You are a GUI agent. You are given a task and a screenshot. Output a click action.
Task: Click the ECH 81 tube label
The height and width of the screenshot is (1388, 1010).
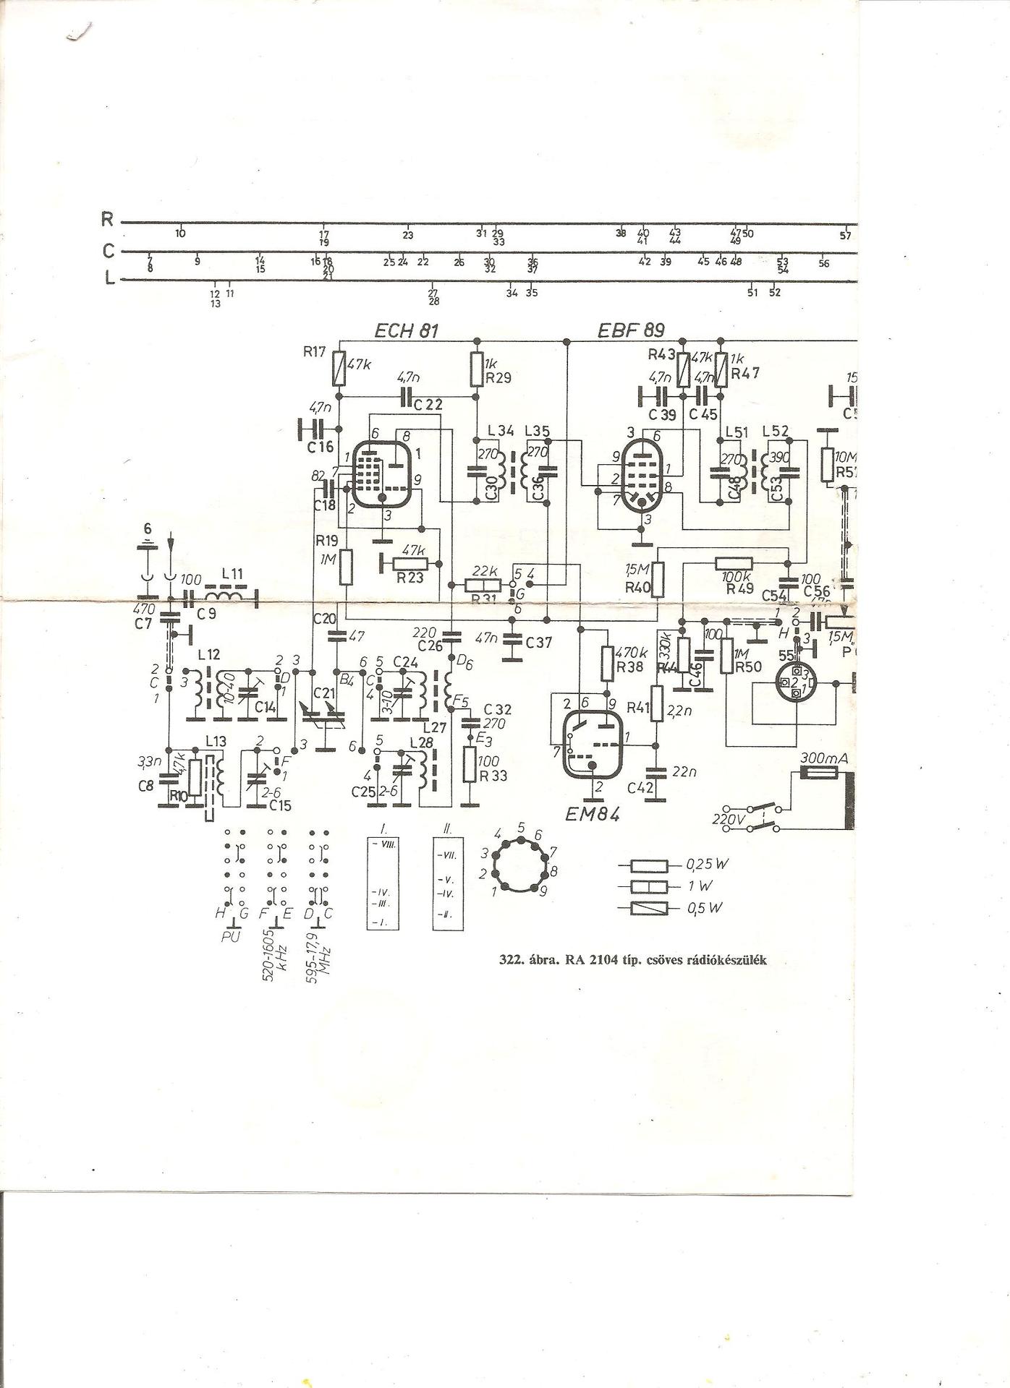pyautogui.click(x=406, y=331)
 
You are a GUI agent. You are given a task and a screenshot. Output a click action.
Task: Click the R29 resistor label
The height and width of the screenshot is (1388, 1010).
pyautogui.click(x=498, y=377)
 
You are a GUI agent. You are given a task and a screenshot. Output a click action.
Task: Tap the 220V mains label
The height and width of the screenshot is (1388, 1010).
pyautogui.click(x=728, y=820)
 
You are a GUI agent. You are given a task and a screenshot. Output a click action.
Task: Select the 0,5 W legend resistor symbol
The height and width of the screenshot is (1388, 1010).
pyautogui.click(x=647, y=908)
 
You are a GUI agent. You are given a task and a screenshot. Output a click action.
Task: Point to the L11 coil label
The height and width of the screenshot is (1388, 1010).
pyautogui.click(x=232, y=573)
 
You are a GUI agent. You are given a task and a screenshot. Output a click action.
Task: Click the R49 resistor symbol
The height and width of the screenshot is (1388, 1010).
pyautogui.click(x=734, y=564)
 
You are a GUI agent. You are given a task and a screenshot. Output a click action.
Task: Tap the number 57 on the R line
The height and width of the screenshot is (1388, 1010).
pyautogui.click(x=846, y=236)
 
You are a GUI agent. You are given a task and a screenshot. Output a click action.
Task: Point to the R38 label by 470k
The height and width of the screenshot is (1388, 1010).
pyautogui.click(x=630, y=667)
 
